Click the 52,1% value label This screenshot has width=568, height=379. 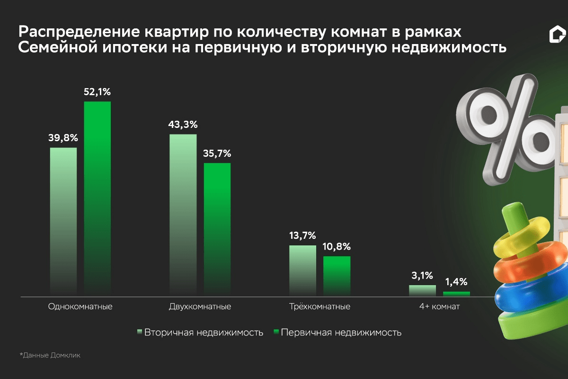[x=97, y=92]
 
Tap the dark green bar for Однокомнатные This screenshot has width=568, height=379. [x=97, y=199]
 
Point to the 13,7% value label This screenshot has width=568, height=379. [x=302, y=236]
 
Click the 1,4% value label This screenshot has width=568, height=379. [x=456, y=282]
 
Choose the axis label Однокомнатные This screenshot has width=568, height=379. [x=80, y=307]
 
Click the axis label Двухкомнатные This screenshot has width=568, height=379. [x=200, y=307]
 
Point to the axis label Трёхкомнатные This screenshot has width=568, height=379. [x=319, y=307]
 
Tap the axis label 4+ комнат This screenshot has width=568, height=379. [x=439, y=307]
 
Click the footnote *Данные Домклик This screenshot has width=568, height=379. [x=50, y=355]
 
